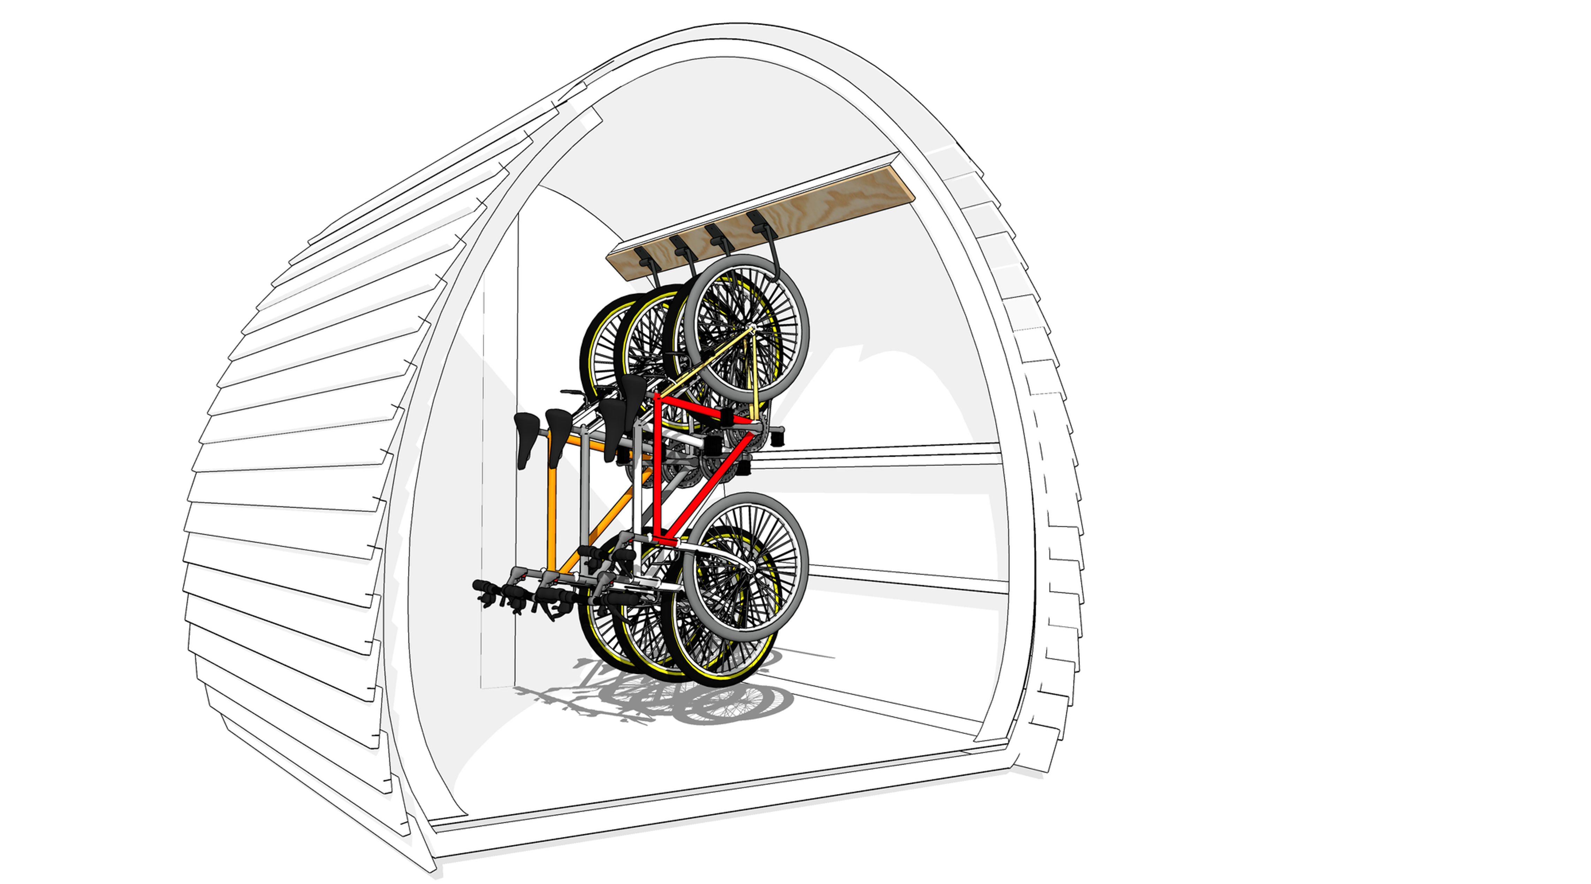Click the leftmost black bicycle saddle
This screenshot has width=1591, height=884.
click(x=526, y=433)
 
